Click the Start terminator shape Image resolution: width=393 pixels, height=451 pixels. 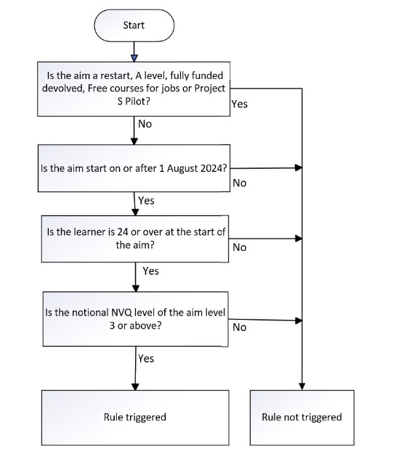click(x=134, y=25)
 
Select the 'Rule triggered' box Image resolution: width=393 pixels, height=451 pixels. click(x=134, y=417)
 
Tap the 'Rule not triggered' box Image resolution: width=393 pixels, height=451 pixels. click(x=301, y=417)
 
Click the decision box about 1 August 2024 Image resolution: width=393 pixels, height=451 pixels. click(x=134, y=168)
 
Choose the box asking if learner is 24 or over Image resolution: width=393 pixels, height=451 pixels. click(x=134, y=239)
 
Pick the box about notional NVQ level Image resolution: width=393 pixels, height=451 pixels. click(x=134, y=319)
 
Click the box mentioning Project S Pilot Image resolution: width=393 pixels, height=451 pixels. click(x=134, y=88)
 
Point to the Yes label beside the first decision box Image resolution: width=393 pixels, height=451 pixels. click(x=239, y=104)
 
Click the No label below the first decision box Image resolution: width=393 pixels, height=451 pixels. click(x=145, y=123)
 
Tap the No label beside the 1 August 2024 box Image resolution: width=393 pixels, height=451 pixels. click(x=239, y=183)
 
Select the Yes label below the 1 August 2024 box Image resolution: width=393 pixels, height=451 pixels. click(x=146, y=201)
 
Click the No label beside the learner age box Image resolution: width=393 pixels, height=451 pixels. click(x=239, y=247)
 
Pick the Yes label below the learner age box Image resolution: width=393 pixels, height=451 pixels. click(x=150, y=270)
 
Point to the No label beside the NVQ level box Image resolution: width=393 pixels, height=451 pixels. click(x=239, y=327)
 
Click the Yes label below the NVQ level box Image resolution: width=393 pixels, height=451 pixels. click(x=146, y=357)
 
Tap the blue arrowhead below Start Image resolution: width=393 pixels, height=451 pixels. click(x=134, y=58)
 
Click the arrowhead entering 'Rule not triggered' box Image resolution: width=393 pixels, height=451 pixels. click(x=301, y=386)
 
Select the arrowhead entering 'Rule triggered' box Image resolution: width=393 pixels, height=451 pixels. click(x=134, y=386)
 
